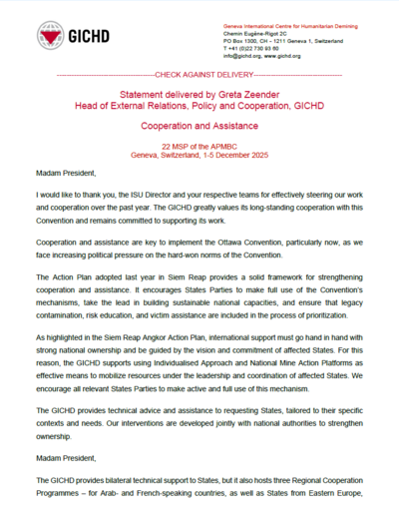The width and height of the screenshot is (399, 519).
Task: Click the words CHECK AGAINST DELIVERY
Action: coord(199,75)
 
